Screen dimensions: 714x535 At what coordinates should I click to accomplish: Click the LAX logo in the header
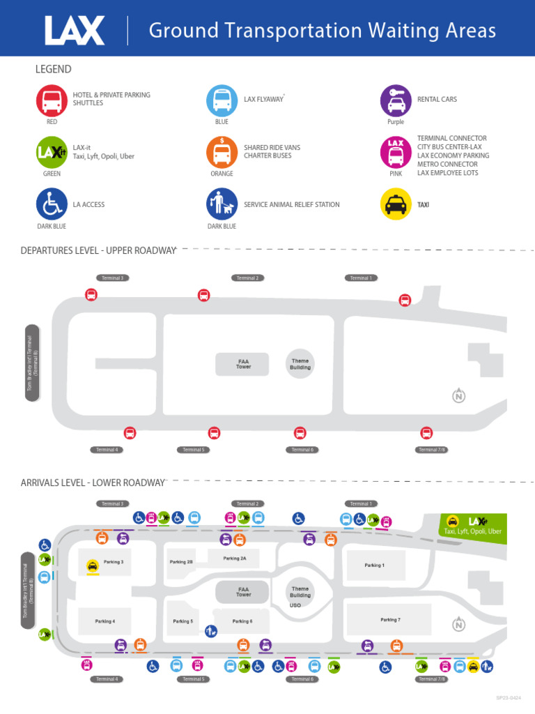[75, 31]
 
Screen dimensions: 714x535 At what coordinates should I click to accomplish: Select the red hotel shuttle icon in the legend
[52, 100]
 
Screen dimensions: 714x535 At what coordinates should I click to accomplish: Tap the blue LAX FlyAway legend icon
[222, 100]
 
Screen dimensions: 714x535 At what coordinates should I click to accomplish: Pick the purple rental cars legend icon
[396, 100]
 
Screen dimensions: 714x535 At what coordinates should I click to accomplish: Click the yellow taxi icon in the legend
[396, 204]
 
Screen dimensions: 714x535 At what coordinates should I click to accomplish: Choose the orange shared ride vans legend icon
[222, 151]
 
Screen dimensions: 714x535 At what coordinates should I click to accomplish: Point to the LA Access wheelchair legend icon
[52, 204]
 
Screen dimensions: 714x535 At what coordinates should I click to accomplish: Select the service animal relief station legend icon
[222, 204]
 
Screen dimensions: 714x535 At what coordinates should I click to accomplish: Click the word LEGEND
[54, 69]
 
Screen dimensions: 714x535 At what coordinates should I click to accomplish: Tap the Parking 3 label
[113, 562]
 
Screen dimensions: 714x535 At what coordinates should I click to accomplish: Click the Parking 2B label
[181, 562]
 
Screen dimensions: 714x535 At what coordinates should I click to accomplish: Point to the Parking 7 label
[390, 620]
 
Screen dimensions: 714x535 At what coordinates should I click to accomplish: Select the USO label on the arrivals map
[295, 606]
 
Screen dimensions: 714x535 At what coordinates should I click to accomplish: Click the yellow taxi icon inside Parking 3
[93, 567]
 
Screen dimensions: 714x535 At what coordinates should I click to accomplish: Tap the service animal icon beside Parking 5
[212, 631]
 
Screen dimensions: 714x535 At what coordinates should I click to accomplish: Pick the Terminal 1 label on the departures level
[360, 278]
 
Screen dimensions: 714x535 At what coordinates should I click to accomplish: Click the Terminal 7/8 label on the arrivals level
[432, 678]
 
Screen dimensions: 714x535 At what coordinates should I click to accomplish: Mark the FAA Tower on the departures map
[242, 364]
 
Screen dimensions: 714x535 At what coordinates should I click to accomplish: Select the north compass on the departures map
[458, 396]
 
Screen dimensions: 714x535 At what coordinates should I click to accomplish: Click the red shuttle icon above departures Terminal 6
[300, 433]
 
